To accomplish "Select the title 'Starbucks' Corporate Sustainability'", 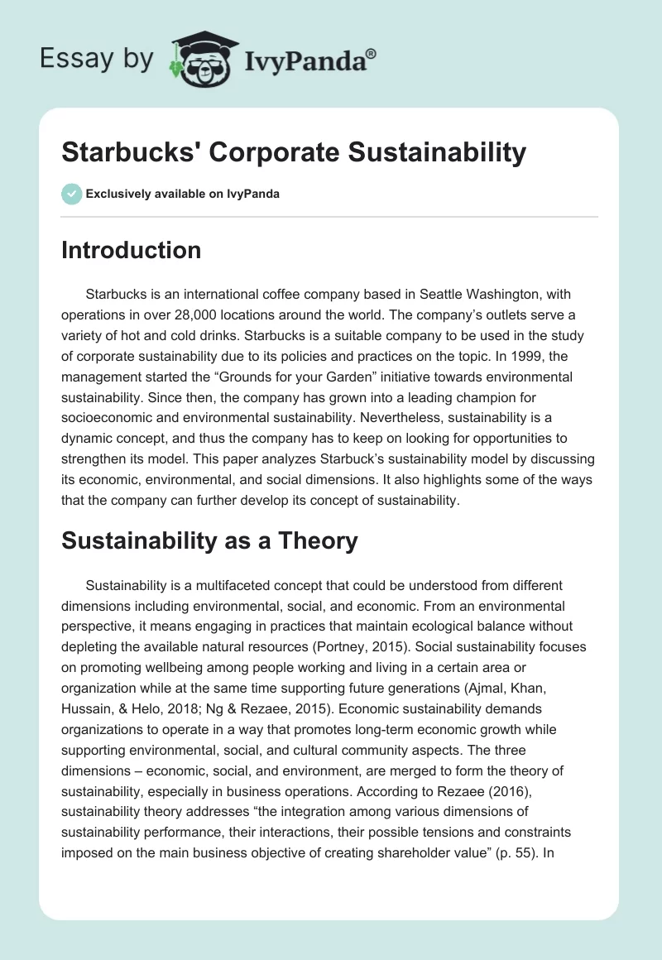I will coord(294,152).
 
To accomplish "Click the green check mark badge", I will coord(71,194).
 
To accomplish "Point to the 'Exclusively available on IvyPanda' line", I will coord(183,194).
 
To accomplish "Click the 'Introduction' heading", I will coord(131,250).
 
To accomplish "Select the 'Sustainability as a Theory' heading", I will coord(209,541).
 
